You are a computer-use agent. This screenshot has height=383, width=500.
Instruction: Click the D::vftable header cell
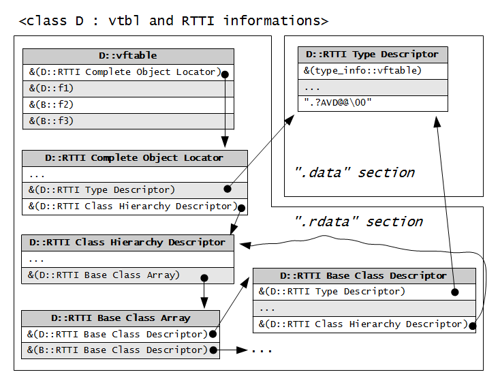(128, 56)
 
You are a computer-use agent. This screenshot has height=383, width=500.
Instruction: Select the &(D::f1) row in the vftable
(128, 89)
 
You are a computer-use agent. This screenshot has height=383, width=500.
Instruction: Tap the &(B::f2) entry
(128, 105)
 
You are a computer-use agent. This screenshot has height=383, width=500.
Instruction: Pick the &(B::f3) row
(128, 121)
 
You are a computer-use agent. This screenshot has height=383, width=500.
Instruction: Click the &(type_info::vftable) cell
(373, 71)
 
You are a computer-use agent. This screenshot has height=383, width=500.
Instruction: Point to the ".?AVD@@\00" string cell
(373, 103)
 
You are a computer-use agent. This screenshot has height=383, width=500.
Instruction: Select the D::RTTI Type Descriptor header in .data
(373, 55)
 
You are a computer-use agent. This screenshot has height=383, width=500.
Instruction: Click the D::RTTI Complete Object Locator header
(135, 158)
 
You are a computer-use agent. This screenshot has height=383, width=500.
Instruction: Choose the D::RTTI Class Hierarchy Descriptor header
(127, 243)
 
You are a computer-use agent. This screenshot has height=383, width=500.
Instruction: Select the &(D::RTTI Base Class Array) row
(127, 275)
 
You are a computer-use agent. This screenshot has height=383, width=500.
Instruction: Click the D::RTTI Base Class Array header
(121, 318)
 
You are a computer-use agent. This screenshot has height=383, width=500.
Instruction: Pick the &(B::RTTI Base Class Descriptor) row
(121, 350)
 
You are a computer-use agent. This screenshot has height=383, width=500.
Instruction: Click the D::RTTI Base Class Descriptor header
(364, 276)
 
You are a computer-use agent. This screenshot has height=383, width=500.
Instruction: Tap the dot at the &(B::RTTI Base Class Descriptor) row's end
(213, 350)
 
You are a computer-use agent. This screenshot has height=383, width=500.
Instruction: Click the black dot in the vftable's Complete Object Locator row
(225, 74)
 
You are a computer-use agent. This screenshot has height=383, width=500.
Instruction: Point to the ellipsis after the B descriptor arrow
(262, 351)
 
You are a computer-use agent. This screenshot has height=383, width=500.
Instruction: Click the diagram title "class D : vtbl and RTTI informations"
(174, 21)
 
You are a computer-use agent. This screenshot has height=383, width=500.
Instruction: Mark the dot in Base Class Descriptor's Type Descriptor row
(455, 292)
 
